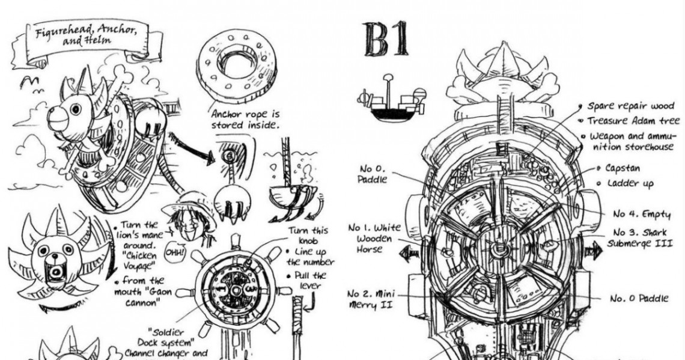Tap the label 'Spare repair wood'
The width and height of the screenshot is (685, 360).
[630, 106]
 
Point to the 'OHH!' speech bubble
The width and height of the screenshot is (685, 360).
[173, 249]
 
